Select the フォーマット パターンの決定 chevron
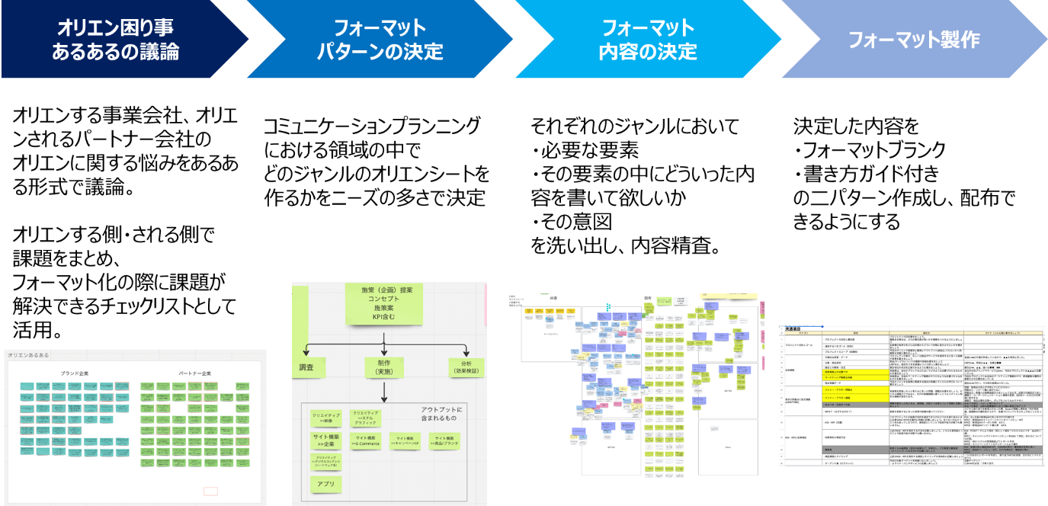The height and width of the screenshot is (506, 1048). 379,40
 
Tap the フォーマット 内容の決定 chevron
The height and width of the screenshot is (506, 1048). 647,40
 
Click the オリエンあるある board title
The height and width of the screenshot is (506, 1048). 27,356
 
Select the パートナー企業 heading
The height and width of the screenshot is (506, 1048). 195,373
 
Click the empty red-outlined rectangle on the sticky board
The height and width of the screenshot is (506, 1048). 210,491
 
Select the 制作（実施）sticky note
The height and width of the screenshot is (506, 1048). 383,367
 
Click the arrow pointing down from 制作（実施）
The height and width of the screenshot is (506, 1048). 383,392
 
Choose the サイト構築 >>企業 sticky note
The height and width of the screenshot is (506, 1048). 326,440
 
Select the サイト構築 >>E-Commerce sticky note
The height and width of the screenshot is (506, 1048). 367,440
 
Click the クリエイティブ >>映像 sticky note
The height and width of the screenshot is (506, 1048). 326,418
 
